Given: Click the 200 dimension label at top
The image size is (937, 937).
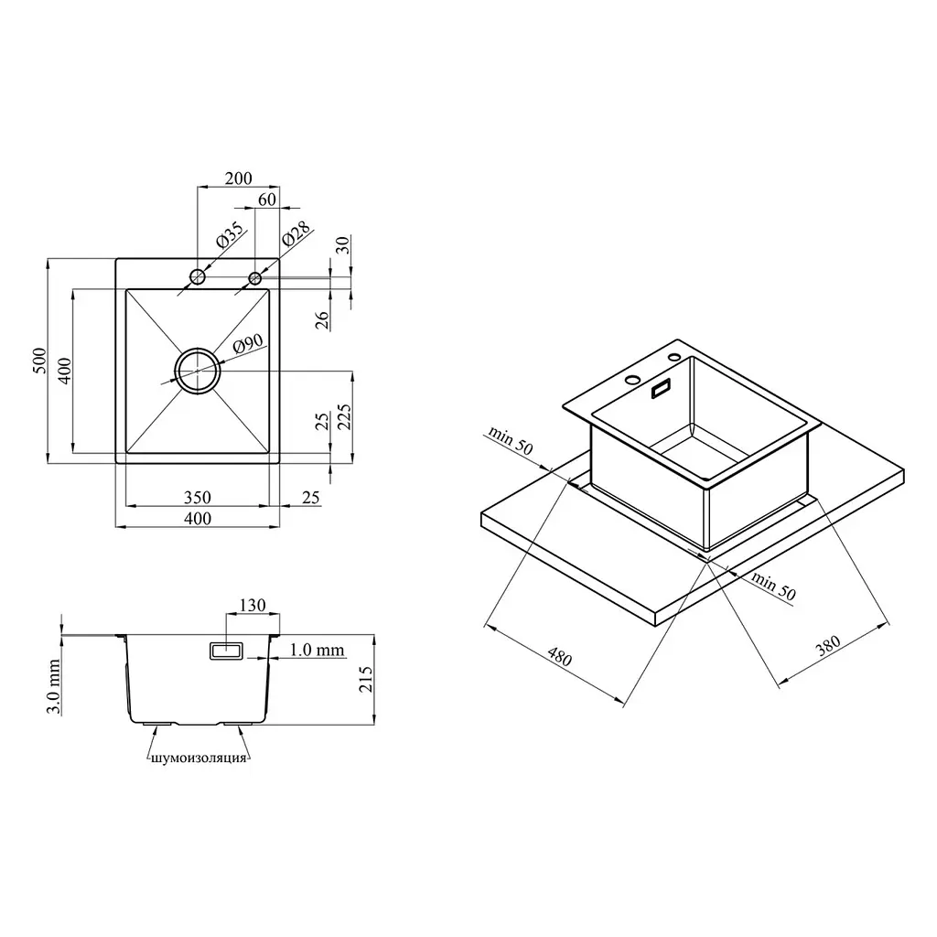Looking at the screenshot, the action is point(239,178).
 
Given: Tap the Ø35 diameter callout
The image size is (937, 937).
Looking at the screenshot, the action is point(230,235).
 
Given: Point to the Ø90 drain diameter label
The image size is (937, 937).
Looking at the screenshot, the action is point(248,345).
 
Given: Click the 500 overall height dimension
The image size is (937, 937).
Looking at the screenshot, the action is point(38,361).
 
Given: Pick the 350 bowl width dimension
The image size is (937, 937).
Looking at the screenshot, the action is point(198,497).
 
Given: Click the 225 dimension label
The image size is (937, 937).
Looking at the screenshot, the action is point(345,417).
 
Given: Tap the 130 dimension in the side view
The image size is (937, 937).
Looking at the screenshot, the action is point(253,606).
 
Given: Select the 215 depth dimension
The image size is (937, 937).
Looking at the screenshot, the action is point(365,680).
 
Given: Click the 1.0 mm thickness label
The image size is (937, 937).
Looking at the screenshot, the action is point(317,650).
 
